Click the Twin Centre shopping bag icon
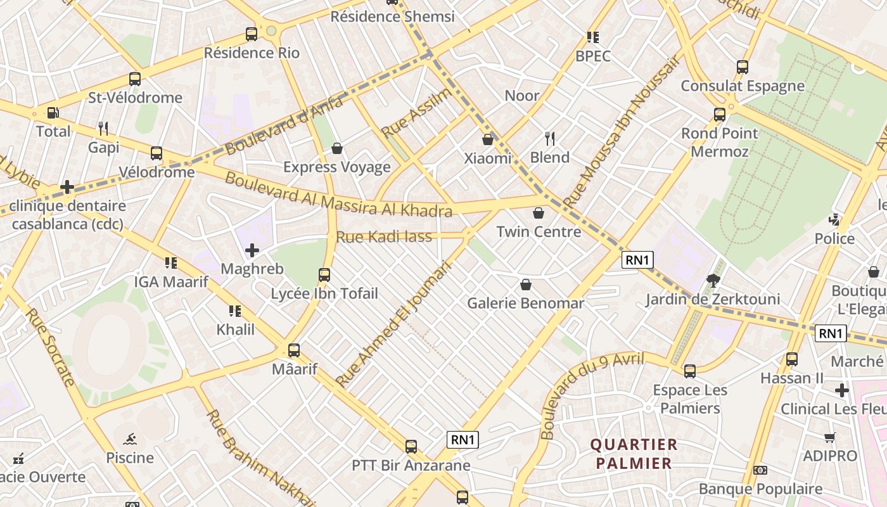pyautogui.click(x=539, y=213)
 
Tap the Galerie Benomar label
pyautogui.click(x=525, y=304)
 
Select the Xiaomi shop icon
pyautogui.click(x=488, y=139)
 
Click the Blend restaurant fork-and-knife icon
pyautogui.click(x=550, y=138)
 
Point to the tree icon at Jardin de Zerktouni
pyautogui.click(x=713, y=280)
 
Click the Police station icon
pyautogui.click(x=834, y=220)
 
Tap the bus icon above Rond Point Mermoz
pyautogui.click(x=720, y=115)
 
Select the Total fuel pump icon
pyautogui.click(x=53, y=113)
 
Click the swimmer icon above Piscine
pyautogui.click(x=130, y=439)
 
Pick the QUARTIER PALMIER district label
pyautogui.click(x=634, y=454)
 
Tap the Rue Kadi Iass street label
pyautogui.click(x=384, y=237)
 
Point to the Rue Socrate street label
pyautogui.click(x=51, y=348)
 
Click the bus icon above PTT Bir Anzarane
pyautogui.click(x=411, y=447)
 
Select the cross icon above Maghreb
pyautogui.click(x=252, y=250)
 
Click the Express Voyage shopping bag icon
pyautogui.click(x=337, y=148)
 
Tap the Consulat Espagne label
pyautogui.click(x=743, y=86)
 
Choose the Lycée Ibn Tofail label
pyautogui.click(x=324, y=294)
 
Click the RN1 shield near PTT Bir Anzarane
pyautogui.click(x=463, y=440)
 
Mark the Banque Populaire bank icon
pyautogui.click(x=760, y=470)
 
